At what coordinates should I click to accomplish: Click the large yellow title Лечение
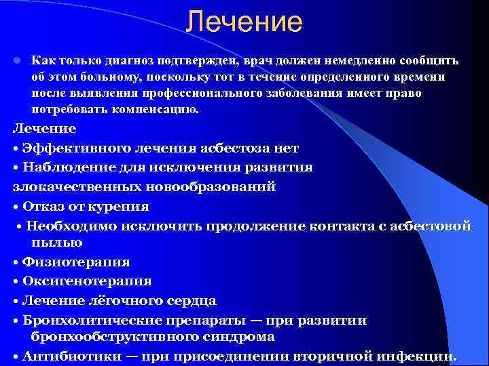point(244,22)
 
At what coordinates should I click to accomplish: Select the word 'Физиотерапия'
point(75,262)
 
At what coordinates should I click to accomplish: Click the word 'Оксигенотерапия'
point(86,281)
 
